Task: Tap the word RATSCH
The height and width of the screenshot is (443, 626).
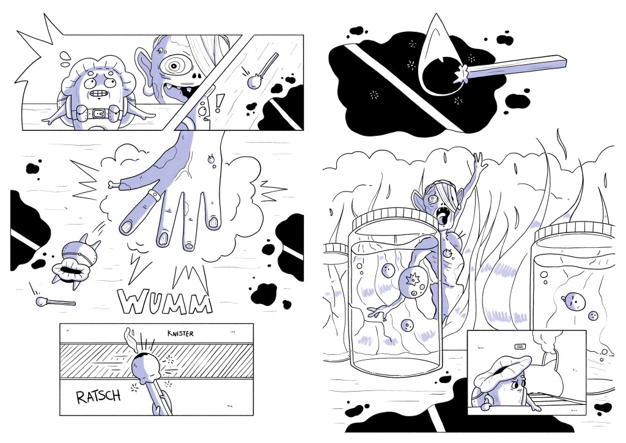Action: (98, 396)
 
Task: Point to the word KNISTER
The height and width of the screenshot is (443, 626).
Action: (180, 333)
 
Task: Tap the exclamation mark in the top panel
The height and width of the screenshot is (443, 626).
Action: (218, 103)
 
